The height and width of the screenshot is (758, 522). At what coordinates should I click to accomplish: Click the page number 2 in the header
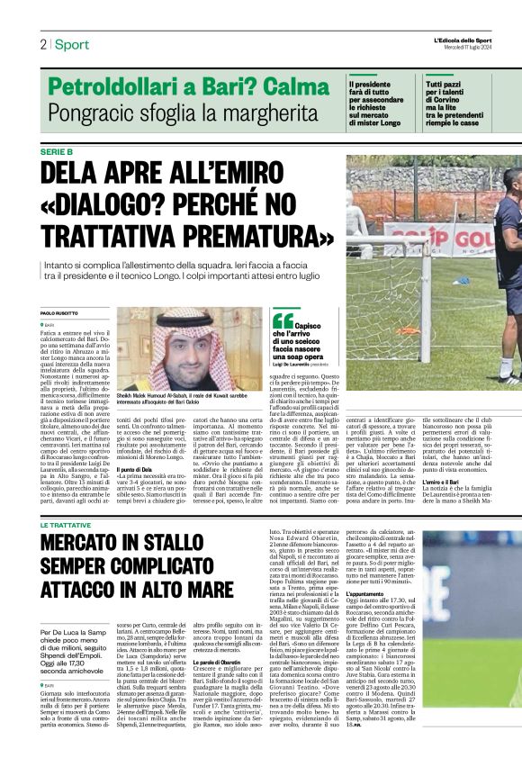(43, 45)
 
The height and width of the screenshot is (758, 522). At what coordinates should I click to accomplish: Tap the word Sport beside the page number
(72, 45)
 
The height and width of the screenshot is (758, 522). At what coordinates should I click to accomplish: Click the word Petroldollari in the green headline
(111, 88)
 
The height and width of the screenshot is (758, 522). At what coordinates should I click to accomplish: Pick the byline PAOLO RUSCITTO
(60, 313)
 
